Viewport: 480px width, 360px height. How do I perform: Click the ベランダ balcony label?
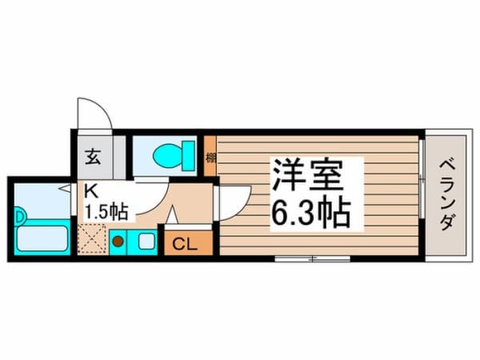click(446, 192)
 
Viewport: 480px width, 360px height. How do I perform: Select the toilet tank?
click(189, 154)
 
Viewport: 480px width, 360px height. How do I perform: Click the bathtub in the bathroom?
click(42, 238)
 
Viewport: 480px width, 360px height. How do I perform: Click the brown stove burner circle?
click(117, 238)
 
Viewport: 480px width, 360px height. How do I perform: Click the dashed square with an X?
click(91, 238)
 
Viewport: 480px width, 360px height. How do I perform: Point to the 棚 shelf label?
click(210, 157)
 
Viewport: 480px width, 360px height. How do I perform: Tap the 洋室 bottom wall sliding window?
click(312, 258)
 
